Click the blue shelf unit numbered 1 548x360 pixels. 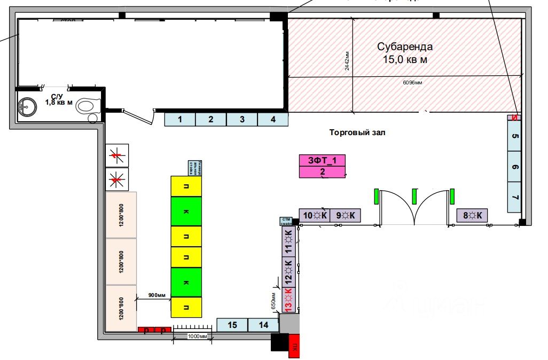[179, 120]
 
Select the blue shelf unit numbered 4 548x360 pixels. [273, 120]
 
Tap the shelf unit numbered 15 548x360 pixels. [232, 325]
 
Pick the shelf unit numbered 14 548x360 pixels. [264, 325]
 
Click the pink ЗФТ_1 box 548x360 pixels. [323, 160]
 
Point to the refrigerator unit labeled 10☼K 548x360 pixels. [314, 215]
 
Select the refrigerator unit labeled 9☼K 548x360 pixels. [345, 215]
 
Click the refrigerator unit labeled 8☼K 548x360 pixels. [472, 215]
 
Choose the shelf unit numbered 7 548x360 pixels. [515, 197]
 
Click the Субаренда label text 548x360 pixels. [405, 46]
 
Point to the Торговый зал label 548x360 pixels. [357, 132]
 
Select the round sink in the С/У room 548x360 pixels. [26, 106]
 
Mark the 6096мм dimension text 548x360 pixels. [412, 83]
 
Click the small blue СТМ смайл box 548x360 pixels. [286, 222]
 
